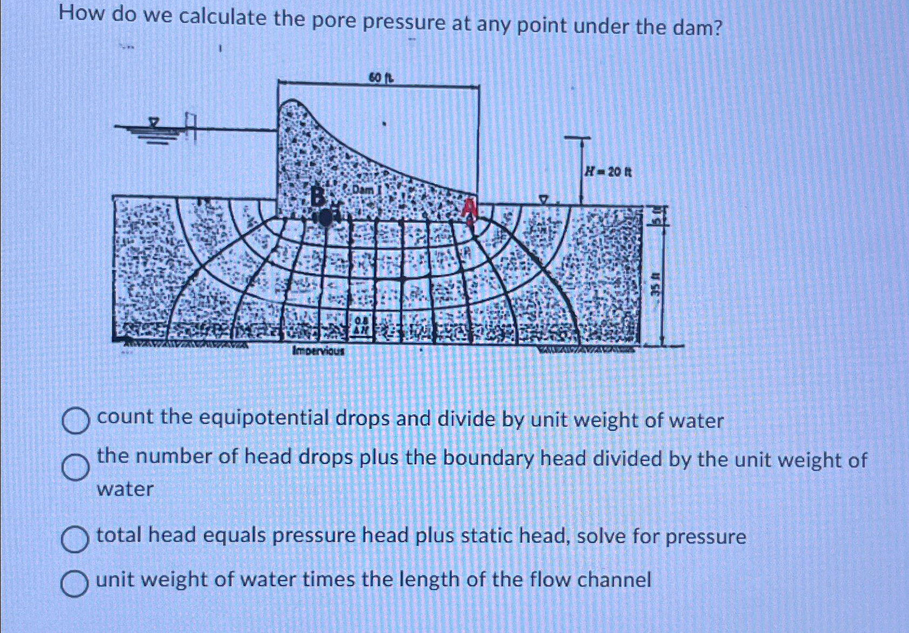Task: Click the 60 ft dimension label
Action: [381, 79]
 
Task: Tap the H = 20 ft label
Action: [608, 172]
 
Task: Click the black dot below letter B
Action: [325, 218]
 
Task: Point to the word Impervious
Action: [318, 351]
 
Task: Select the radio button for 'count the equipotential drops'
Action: [75, 421]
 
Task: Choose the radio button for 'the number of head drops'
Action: [75, 467]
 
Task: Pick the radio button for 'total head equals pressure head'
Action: [75, 540]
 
